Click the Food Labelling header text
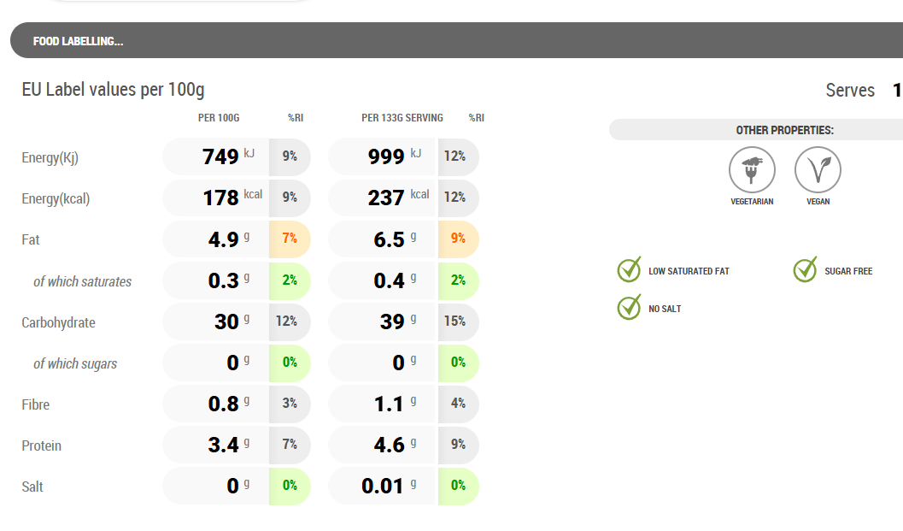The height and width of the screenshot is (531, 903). [x=78, y=41]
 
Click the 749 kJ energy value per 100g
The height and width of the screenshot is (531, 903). [x=220, y=156]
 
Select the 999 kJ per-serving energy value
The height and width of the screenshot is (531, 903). [x=385, y=156]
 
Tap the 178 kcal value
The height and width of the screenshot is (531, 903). [x=220, y=198]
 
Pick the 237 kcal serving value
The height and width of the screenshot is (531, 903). [x=385, y=198]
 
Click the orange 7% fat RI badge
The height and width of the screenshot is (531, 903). [x=290, y=239]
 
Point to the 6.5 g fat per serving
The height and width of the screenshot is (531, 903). [x=389, y=239]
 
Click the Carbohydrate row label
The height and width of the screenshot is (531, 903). [x=58, y=322]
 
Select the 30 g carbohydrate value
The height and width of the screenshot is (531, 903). [x=226, y=322]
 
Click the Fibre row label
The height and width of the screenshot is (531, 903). [x=36, y=404]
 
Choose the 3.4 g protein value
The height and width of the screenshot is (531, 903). [x=223, y=445]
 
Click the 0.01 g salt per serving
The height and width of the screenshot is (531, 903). [x=382, y=486]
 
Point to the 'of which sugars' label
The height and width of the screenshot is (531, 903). [x=75, y=363]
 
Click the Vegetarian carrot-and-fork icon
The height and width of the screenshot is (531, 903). [x=752, y=170]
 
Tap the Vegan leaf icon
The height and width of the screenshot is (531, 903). [x=818, y=170]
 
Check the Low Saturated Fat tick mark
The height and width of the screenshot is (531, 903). [x=630, y=269]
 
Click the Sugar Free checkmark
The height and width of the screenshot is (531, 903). [x=806, y=269]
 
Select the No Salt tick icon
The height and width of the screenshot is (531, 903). [x=630, y=307]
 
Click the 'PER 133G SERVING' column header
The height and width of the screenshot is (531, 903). [x=402, y=118]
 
